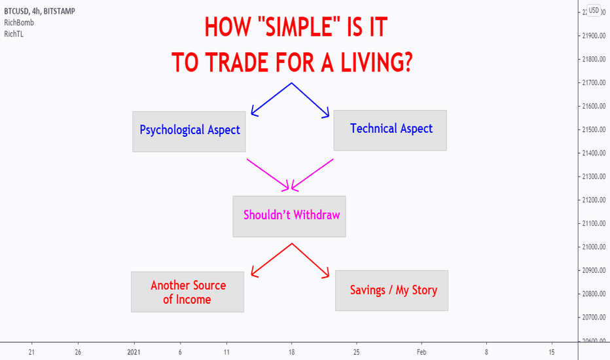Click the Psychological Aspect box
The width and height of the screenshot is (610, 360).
(x=189, y=132)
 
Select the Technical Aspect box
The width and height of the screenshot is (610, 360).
(x=390, y=130)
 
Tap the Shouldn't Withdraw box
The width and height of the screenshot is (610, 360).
(x=289, y=217)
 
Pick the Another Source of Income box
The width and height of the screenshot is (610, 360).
(x=187, y=292)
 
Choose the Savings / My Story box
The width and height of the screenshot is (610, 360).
(x=392, y=291)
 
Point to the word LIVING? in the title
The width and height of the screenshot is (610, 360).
(x=376, y=62)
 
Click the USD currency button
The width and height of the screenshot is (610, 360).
(x=594, y=10)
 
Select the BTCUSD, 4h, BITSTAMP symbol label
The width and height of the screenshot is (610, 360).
(x=40, y=11)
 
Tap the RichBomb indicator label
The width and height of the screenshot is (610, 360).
(x=19, y=22)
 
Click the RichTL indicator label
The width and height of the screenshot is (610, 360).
(x=14, y=34)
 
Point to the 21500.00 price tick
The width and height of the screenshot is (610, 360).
(x=594, y=130)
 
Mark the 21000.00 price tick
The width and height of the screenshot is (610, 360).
(x=594, y=247)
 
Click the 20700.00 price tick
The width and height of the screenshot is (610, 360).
(x=594, y=317)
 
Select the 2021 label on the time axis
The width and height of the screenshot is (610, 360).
(x=134, y=352)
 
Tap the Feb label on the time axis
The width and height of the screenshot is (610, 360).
(x=422, y=352)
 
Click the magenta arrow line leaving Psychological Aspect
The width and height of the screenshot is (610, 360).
(x=268, y=174)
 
